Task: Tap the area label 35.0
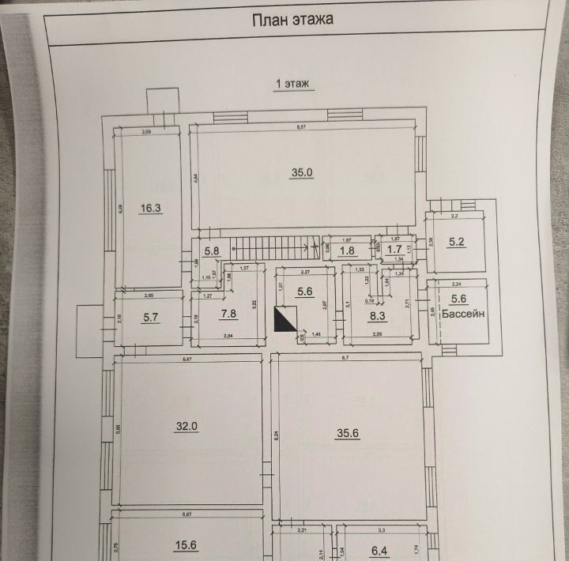[x=303, y=172]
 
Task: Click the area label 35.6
[x=347, y=434]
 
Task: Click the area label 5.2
[x=457, y=243]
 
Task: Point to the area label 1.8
[x=347, y=251]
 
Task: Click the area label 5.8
[x=213, y=250]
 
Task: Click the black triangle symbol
[x=284, y=319]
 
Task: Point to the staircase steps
[x=269, y=247]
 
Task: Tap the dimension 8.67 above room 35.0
[x=301, y=126]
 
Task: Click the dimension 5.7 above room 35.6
[x=345, y=358]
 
